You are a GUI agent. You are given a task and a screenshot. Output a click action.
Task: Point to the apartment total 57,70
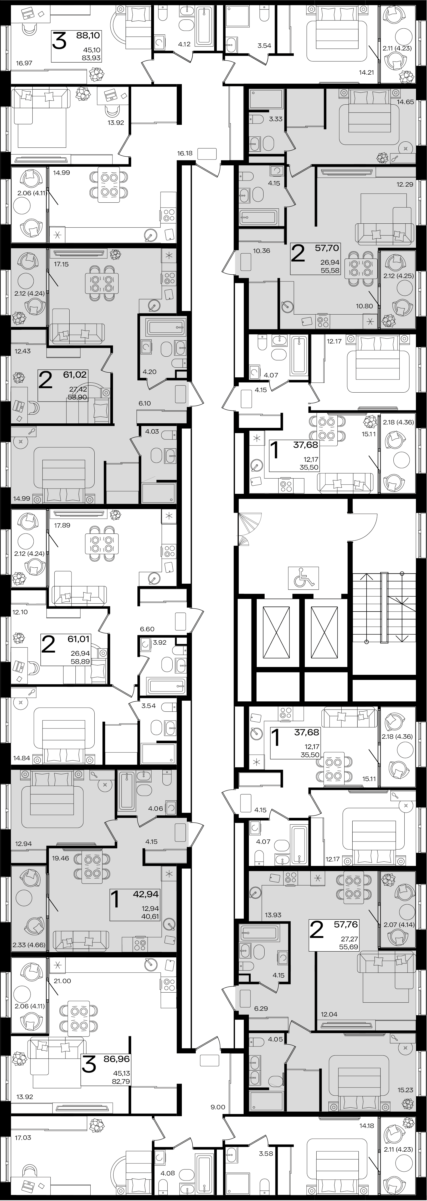327,248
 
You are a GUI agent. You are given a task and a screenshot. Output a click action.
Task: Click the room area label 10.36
261,250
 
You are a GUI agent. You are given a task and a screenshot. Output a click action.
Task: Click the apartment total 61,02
75,374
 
